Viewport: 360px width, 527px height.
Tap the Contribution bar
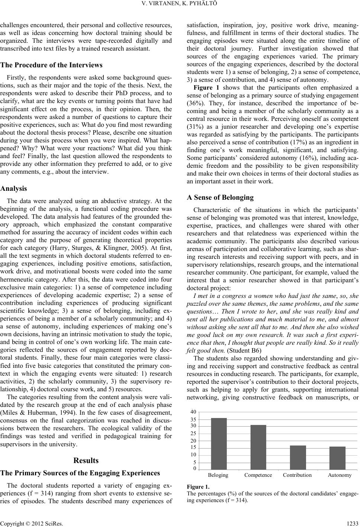pyautogui.click(x=298, y=457)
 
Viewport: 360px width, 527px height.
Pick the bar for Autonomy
pyautogui.click(x=337, y=458)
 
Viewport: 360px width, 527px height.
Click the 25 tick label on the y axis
pyautogui.click(x=193, y=434)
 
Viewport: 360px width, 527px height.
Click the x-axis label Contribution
pyautogui.click(x=297, y=475)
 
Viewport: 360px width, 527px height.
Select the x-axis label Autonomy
pyautogui.click(x=340, y=475)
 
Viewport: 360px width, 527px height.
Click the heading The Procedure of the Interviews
pyautogui.click(x=52, y=65)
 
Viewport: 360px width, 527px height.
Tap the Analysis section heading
pyautogui.click(x=13, y=189)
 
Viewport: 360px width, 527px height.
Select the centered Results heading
pyautogui.click(x=86, y=460)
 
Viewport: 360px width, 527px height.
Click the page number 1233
pyautogui.click(x=353, y=523)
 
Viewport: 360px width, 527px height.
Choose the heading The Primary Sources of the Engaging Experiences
pyautogui.click(x=80, y=473)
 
